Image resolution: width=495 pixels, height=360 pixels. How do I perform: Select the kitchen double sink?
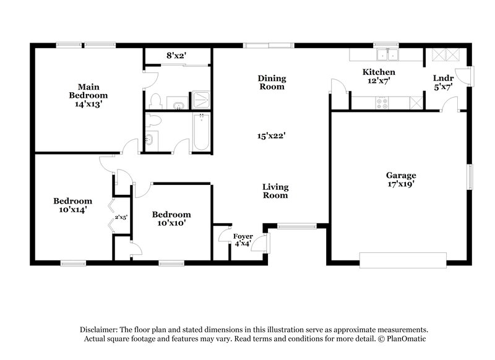point(389,56)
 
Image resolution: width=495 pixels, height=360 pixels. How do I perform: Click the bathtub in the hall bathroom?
point(201,132)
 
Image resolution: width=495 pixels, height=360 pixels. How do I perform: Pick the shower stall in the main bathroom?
point(200,100)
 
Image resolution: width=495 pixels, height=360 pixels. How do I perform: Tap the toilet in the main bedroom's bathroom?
point(156,101)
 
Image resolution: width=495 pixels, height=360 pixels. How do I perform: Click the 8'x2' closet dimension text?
point(176,56)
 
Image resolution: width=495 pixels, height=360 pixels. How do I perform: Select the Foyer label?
point(243,237)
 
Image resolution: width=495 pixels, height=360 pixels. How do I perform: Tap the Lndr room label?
point(444,78)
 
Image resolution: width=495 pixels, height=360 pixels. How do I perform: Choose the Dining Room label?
point(272,82)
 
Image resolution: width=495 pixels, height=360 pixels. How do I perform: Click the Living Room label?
point(275,191)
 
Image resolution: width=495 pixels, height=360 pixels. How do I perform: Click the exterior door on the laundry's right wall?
point(470,76)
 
